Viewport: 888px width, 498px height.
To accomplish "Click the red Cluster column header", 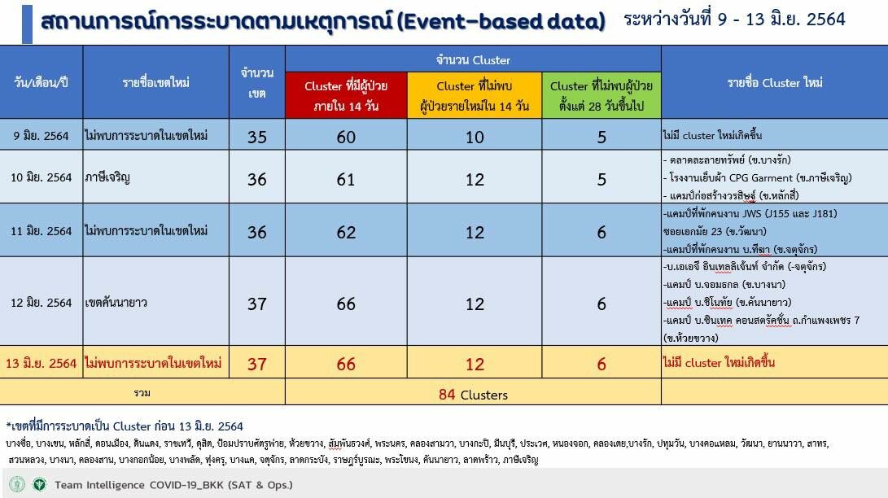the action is [346, 95].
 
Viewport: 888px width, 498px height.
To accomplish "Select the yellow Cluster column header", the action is [475, 95].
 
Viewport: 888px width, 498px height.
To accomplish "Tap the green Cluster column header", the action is [601, 95].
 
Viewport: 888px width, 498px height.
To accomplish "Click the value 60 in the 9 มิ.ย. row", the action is [346, 137].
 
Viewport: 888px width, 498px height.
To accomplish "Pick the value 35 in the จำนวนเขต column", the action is [257, 137].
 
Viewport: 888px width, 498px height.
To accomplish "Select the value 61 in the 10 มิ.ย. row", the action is [346, 179].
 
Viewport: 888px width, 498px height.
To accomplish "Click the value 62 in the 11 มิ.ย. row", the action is [346, 232].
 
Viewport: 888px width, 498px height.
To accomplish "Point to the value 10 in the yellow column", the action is [475, 137].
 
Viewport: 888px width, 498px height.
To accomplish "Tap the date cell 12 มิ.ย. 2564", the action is [42, 303].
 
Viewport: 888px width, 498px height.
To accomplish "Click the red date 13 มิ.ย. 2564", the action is [41, 363].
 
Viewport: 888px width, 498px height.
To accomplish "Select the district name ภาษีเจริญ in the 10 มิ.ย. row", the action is [107, 177].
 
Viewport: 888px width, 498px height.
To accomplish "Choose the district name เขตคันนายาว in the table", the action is [116, 303].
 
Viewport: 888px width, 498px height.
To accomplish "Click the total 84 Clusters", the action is [473, 395].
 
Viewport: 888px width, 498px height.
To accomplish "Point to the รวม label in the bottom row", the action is [142, 393].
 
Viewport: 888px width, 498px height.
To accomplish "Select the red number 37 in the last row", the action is [257, 363].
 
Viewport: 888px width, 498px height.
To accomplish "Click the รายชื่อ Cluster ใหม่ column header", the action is [775, 83].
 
